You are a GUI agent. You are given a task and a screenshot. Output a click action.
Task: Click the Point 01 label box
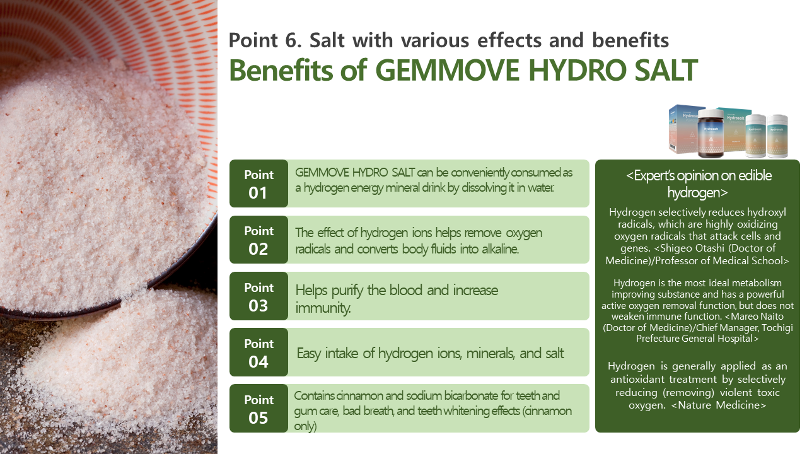click(258, 183)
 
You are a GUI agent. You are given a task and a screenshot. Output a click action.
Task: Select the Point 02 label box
click(258, 240)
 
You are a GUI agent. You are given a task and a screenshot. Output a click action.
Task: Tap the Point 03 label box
click(258, 296)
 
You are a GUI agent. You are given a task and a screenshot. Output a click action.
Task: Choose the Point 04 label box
click(258, 352)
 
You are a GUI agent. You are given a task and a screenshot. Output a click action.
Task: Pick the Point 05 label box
click(258, 408)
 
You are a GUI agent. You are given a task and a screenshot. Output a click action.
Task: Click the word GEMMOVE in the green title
click(448, 70)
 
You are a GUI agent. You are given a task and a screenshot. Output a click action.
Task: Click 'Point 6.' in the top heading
click(265, 40)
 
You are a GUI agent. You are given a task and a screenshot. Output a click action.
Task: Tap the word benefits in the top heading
click(630, 40)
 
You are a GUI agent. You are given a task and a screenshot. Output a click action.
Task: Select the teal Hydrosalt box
click(733, 129)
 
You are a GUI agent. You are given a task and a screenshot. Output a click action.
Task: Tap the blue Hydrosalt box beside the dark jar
click(683, 129)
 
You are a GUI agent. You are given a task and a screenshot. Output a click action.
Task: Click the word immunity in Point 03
click(323, 308)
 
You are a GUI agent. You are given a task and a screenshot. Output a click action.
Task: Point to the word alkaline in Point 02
click(500, 249)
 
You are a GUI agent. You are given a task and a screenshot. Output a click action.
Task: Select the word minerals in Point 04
click(491, 354)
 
